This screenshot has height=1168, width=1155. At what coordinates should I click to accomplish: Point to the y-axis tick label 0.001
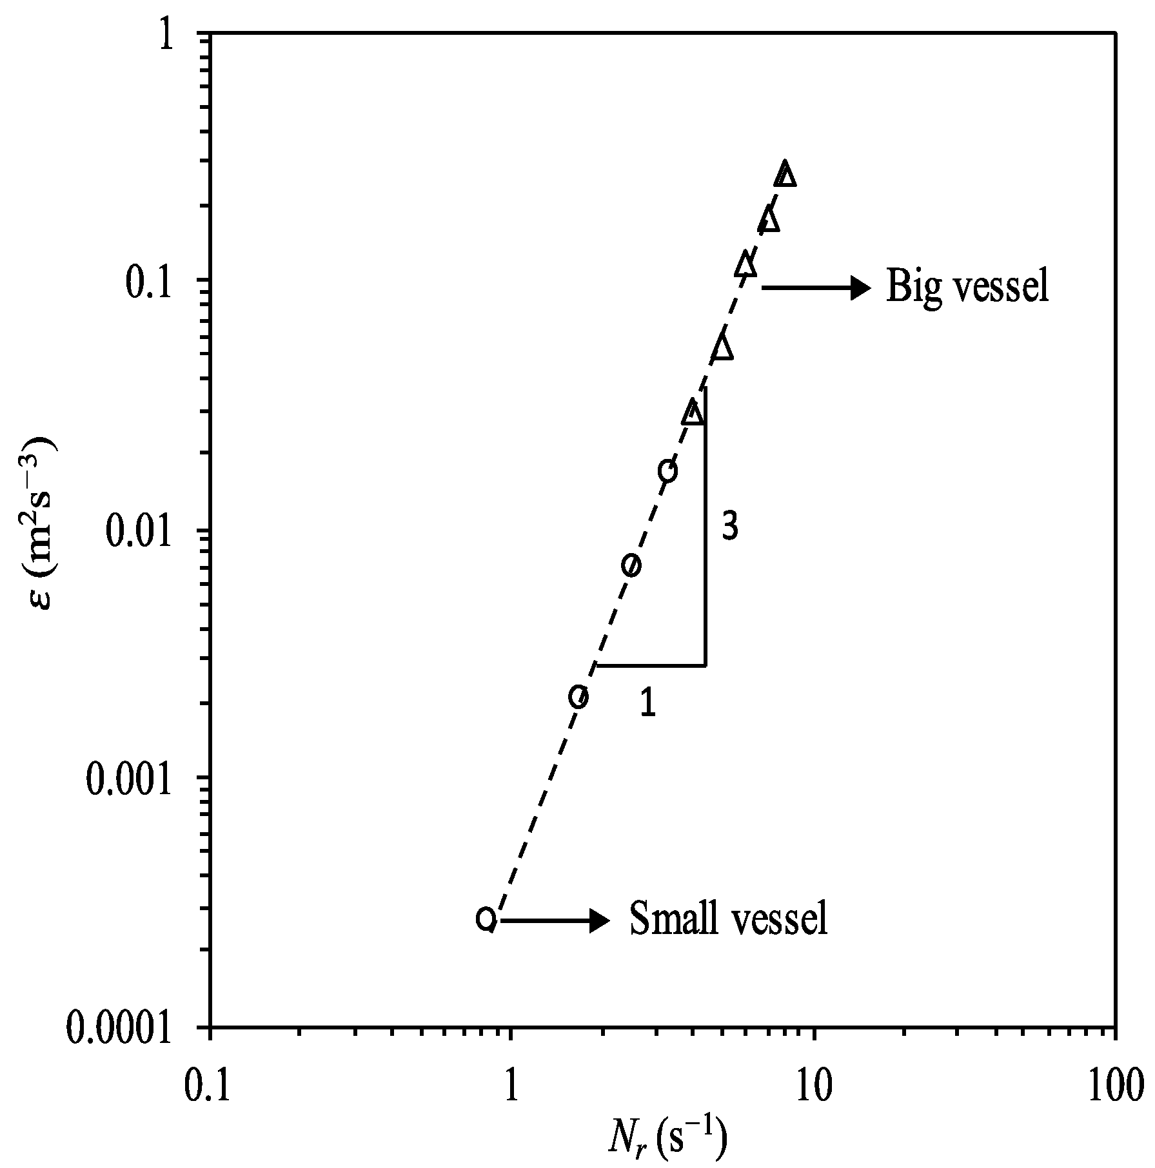pyautogui.click(x=129, y=782)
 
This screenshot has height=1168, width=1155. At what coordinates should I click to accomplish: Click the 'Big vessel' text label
pyautogui.click(x=967, y=287)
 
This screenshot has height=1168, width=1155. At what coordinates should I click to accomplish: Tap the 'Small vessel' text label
pyautogui.click(x=728, y=919)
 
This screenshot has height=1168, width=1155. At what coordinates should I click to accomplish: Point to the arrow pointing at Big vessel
pyautogui.click(x=816, y=287)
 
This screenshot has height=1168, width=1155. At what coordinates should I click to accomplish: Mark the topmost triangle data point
pyautogui.click(x=785, y=173)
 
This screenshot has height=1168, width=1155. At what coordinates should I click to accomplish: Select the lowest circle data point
pyautogui.click(x=486, y=918)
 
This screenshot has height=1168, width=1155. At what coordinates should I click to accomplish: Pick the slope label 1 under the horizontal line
pyautogui.click(x=648, y=703)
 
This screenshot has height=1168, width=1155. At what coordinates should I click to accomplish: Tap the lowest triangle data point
pyautogui.click(x=693, y=412)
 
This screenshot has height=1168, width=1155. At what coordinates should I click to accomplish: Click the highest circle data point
pyautogui.click(x=667, y=471)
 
